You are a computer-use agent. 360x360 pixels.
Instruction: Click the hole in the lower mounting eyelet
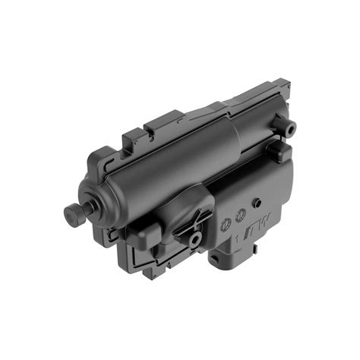196,240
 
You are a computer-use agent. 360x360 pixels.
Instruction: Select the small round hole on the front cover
257,203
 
